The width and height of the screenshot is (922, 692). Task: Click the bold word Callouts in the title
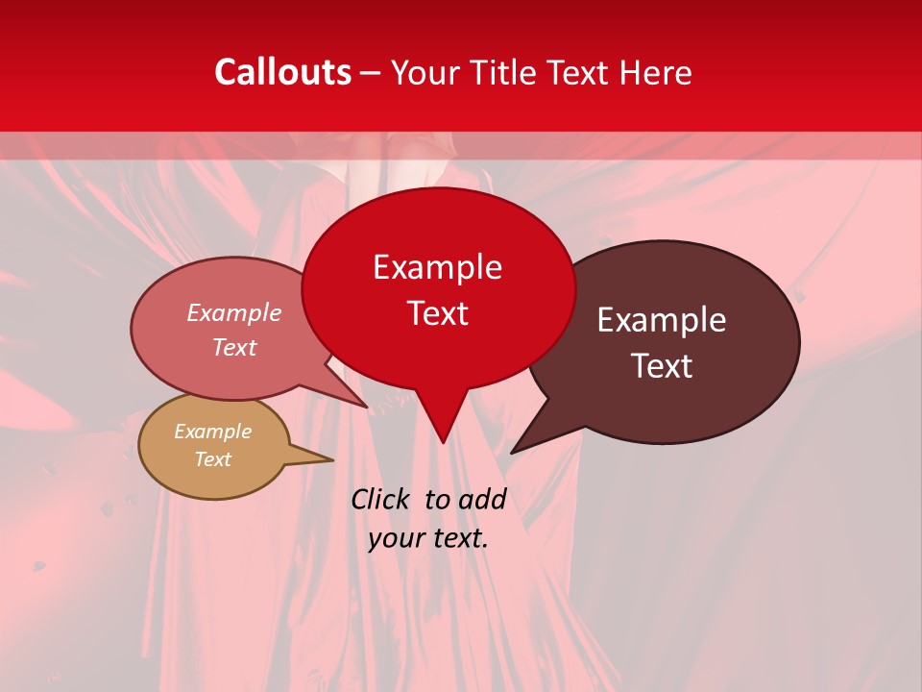point(282,72)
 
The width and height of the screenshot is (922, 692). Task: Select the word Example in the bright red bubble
point(437,267)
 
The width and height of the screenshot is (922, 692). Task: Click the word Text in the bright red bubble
point(437,313)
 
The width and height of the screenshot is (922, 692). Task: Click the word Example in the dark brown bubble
point(662,320)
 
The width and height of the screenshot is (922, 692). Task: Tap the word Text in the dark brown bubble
point(663,366)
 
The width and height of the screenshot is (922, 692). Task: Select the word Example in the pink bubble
point(234,313)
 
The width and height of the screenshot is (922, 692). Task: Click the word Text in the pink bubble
point(234,348)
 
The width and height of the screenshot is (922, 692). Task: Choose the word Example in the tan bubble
point(212,432)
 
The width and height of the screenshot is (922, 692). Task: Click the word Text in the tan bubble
point(212,459)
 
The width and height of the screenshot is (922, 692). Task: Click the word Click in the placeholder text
point(382,499)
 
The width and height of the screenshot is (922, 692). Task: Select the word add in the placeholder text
point(483,499)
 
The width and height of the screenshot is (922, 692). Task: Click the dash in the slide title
point(371,72)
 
